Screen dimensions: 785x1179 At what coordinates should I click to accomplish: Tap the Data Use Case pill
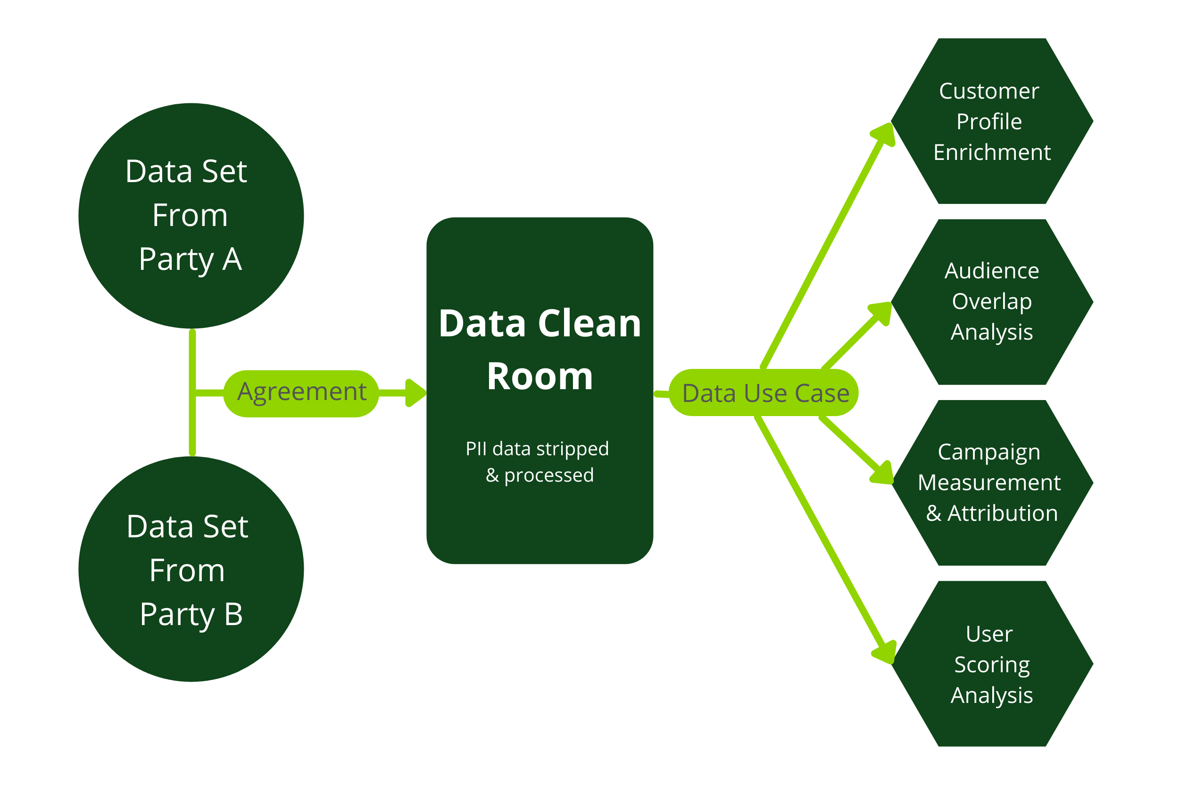766,393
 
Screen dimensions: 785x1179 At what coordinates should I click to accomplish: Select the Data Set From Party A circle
191,216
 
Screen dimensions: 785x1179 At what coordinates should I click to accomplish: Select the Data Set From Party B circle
191,569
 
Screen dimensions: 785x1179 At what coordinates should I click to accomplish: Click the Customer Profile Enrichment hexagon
991,121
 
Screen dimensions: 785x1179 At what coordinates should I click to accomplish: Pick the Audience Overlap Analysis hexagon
991,302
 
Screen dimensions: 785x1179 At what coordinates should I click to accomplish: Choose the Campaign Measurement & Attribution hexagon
991,483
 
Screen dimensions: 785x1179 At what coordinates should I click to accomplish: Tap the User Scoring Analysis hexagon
991,664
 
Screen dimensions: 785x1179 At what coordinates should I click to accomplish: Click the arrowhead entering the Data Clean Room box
415,393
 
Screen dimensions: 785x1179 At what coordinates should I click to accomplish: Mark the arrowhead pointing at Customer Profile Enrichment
884,134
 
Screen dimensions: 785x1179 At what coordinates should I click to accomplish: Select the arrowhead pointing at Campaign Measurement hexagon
883,473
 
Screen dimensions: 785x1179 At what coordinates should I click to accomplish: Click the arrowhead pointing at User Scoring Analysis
885,652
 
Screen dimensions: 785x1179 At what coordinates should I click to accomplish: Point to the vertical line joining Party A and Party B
192,392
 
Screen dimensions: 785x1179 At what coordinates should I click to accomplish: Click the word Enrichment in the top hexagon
991,153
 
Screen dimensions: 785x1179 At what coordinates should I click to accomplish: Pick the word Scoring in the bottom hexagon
991,664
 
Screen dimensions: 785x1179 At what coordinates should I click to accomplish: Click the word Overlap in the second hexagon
991,301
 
